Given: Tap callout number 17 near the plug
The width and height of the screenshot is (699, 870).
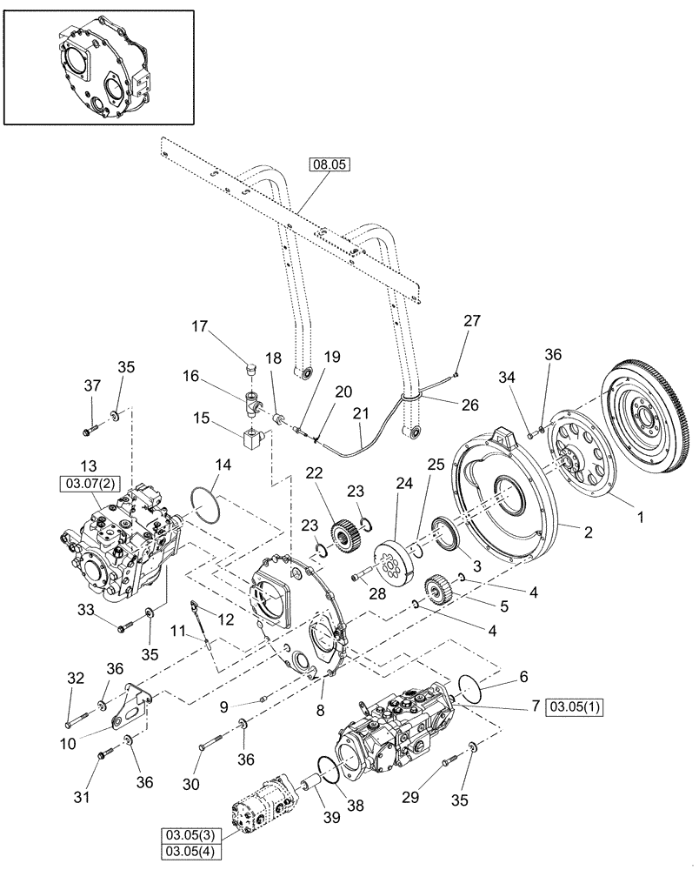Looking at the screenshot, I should [201, 327].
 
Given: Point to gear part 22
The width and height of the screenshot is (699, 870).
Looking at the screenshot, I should [345, 531].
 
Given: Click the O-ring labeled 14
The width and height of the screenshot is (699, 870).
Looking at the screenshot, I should [209, 505].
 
